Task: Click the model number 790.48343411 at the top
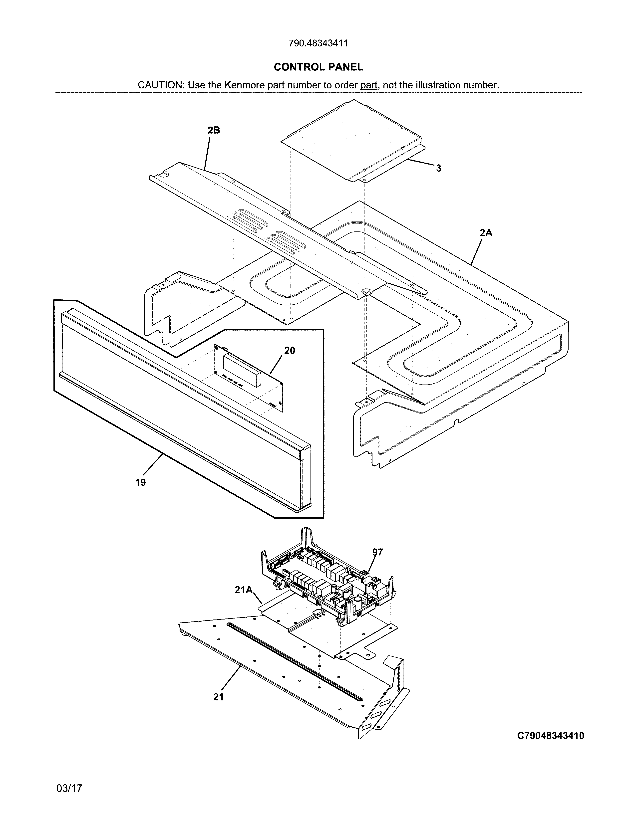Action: coord(318,43)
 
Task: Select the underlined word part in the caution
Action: coord(369,85)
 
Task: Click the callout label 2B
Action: coord(214,130)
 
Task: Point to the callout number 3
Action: coord(438,169)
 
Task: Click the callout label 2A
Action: coord(486,233)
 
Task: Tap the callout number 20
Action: coord(290,351)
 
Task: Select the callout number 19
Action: coord(140,482)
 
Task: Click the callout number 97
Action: coord(377,552)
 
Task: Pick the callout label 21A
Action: coord(243,590)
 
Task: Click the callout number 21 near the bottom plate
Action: coord(219,697)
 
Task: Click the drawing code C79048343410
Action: coord(551,736)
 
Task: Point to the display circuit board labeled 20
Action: coord(249,377)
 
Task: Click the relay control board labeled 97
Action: coord(328,577)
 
